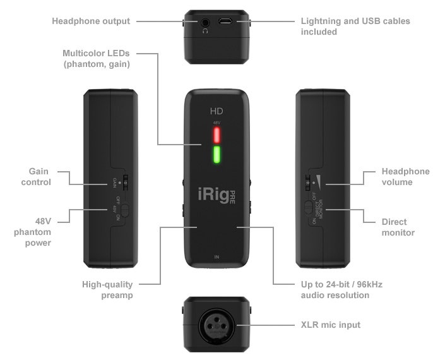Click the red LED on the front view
pyautogui.click(x=216, y=134)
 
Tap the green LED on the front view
pyautogui.click(x=216, y=155)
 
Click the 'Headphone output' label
pyautogui.click(x=91, y=21)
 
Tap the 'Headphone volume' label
pyautogui.click(x=405, y=176)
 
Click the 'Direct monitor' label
pyautogui.click(x=398, y=227)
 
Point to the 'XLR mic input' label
pyautogui.click(x=331, y=325)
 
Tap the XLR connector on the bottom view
pyautogui.click(x=216, y=325)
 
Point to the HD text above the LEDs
pyautogui.click(x=216, y=111)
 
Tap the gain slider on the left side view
pyautogui.click(x=126, y=181)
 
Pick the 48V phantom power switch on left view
pyautogui.click(x=125, y=209)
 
